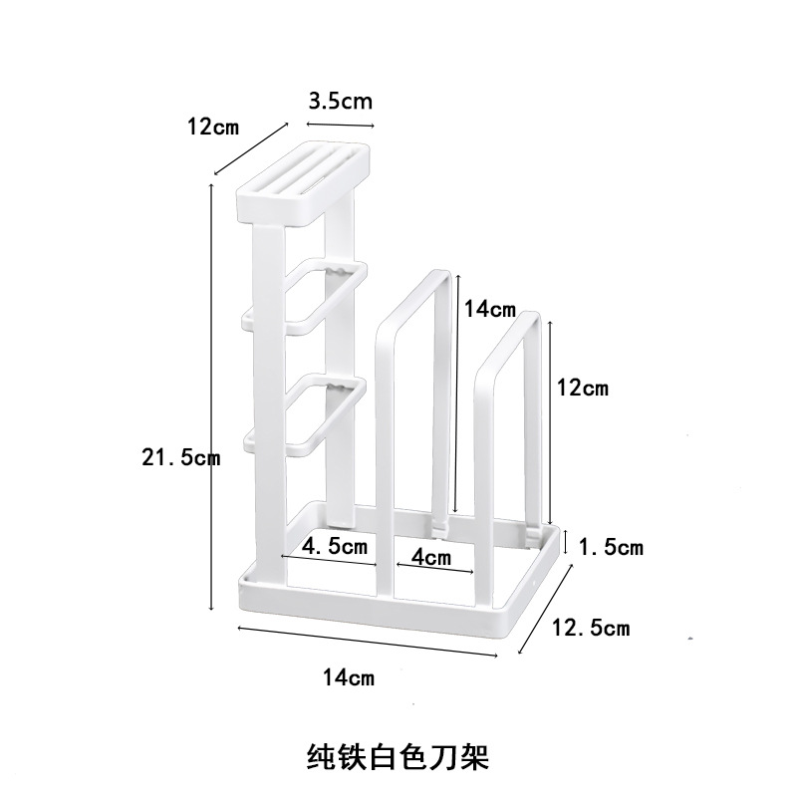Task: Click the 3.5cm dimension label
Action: click(x=340, y=102)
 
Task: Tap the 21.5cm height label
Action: click(x=179, y=457)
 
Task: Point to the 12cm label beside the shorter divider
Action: click(x=581, y=389)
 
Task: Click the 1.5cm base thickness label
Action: click(x=610, y=546)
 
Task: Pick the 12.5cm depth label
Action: click(x=591, y=628)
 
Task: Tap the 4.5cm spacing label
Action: click(x=335, y=546)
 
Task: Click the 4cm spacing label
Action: click(x=430, y=557)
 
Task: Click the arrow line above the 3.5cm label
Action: click(x=341, y=125)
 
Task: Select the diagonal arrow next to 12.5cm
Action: click(x=547, y=609)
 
